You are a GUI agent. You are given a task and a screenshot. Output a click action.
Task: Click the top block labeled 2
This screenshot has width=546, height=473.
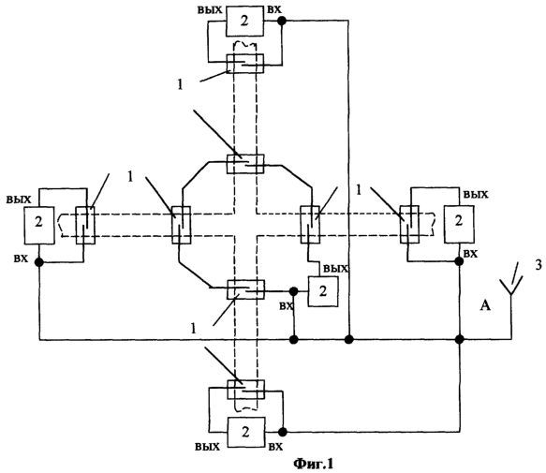point(244,21)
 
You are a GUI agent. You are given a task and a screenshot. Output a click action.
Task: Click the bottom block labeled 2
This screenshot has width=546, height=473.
point(245,432)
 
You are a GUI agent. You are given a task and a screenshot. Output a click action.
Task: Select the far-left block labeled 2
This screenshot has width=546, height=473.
point(39,226)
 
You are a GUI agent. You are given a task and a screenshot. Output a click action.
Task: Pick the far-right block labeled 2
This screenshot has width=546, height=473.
point(459,224)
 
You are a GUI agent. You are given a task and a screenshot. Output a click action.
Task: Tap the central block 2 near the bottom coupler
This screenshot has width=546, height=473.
point(323,291)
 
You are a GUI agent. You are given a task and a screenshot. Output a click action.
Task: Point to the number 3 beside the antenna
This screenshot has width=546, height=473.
point(539,265)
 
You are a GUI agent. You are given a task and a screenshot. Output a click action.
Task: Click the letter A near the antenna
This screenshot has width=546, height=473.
point(485,305)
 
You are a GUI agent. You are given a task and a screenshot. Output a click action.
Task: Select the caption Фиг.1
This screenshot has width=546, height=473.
point(314,464)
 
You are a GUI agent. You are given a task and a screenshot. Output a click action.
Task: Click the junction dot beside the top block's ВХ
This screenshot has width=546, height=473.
point(282,21)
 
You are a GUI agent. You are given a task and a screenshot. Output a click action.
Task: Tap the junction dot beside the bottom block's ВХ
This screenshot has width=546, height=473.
point(283,432)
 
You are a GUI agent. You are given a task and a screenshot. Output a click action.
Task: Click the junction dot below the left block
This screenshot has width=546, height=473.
point(39,262)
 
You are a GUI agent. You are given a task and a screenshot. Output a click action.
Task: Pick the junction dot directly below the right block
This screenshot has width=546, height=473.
point(459,261)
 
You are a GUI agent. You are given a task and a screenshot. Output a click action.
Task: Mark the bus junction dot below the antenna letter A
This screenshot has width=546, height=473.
point(459,339)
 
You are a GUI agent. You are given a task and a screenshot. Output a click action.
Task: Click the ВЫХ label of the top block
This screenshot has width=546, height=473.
point(210,9)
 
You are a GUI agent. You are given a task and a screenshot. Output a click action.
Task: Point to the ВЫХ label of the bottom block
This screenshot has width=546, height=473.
point(208,447)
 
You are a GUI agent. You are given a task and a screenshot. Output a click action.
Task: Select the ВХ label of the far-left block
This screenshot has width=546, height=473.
point(21,259)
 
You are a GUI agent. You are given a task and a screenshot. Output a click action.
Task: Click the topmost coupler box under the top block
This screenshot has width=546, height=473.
point(245,64)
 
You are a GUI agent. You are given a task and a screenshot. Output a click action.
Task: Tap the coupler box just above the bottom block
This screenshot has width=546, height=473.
point(245,390)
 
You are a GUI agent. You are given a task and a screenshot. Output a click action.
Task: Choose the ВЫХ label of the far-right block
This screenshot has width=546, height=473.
point(476,195)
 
